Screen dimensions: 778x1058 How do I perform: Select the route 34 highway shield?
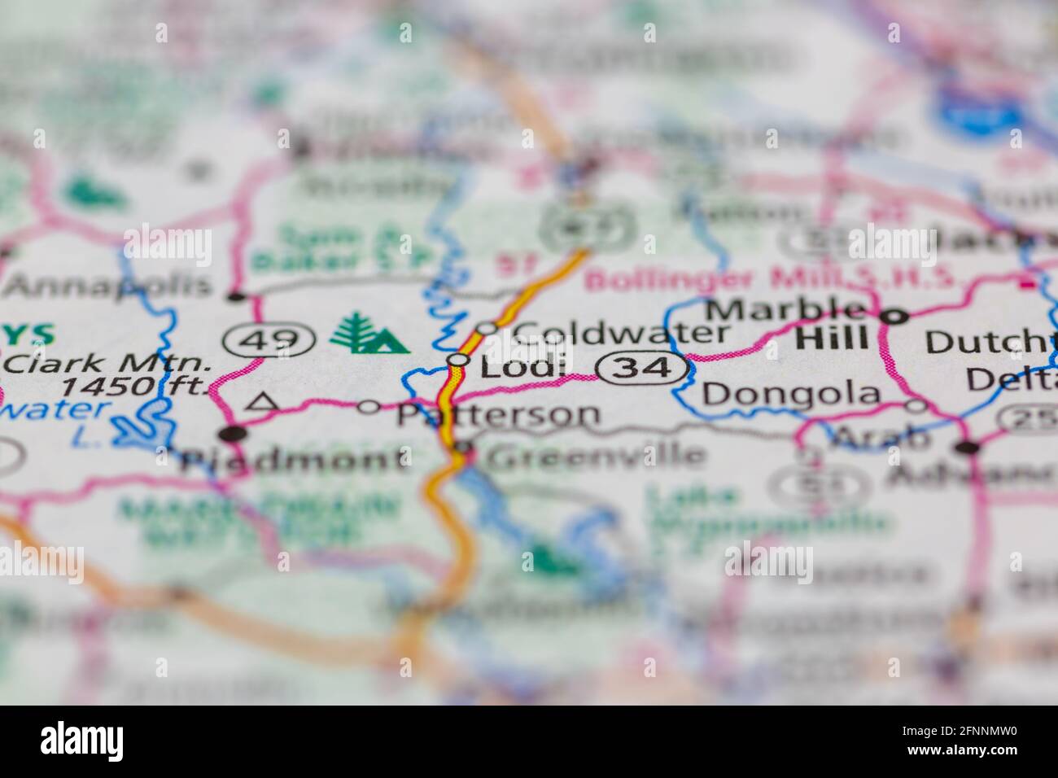(x=644, y=369)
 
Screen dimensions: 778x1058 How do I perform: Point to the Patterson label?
(x=498, y=414)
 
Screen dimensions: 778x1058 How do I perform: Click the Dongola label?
(x=791, y=395)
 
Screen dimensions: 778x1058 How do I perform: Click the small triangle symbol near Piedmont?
(x=260, y=400)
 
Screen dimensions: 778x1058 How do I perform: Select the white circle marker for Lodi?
(x=459, y=360)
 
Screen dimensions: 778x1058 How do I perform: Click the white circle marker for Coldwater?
(x=487, y=328)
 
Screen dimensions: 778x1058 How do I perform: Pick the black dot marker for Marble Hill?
(x=893, y=317)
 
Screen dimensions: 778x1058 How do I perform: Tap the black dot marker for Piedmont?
(x=234, y=433)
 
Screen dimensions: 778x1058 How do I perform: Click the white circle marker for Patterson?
(x=369, y=406)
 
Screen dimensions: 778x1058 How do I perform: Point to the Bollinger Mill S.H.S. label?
(x=769, y=279)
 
